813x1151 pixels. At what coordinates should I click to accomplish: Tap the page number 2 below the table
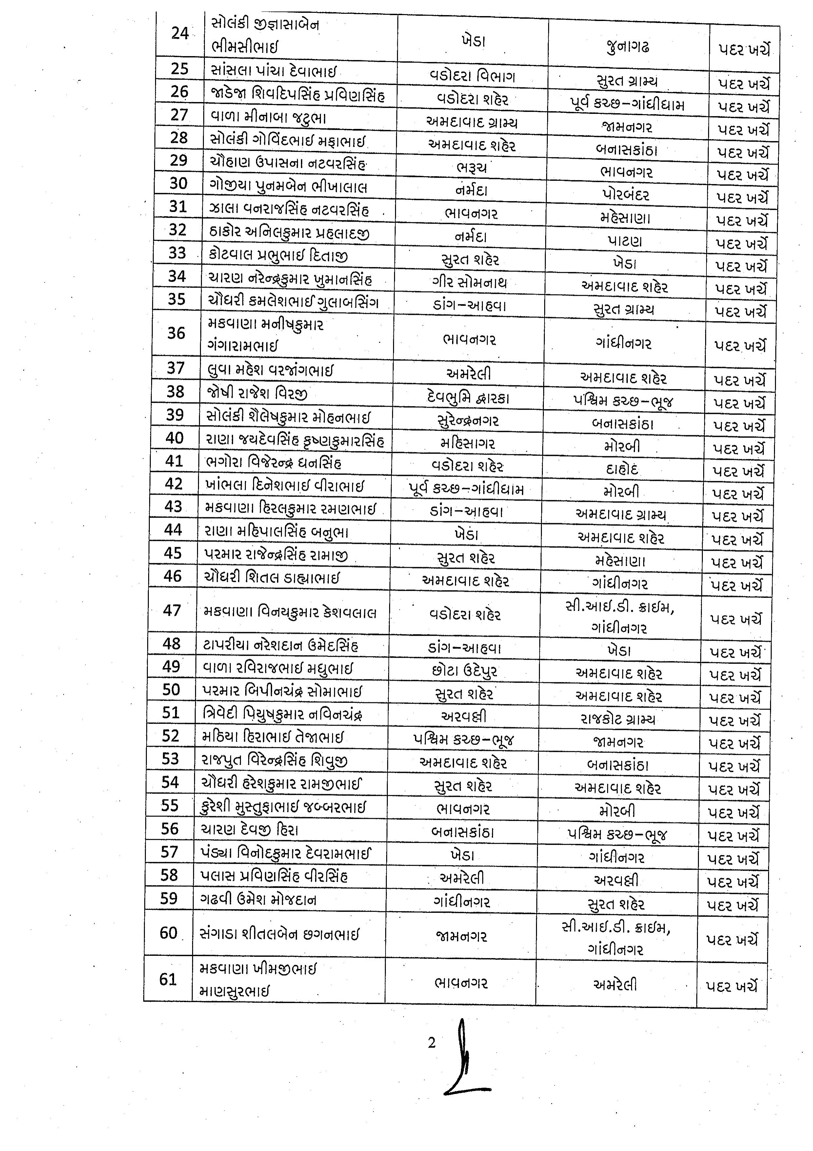coord(432,1043)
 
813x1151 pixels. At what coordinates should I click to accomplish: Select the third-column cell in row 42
coord(466,489)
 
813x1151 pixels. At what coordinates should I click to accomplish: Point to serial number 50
coord(171,690)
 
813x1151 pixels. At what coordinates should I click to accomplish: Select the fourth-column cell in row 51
coord(618,720)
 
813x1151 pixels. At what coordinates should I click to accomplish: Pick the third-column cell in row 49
coord(465,671)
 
